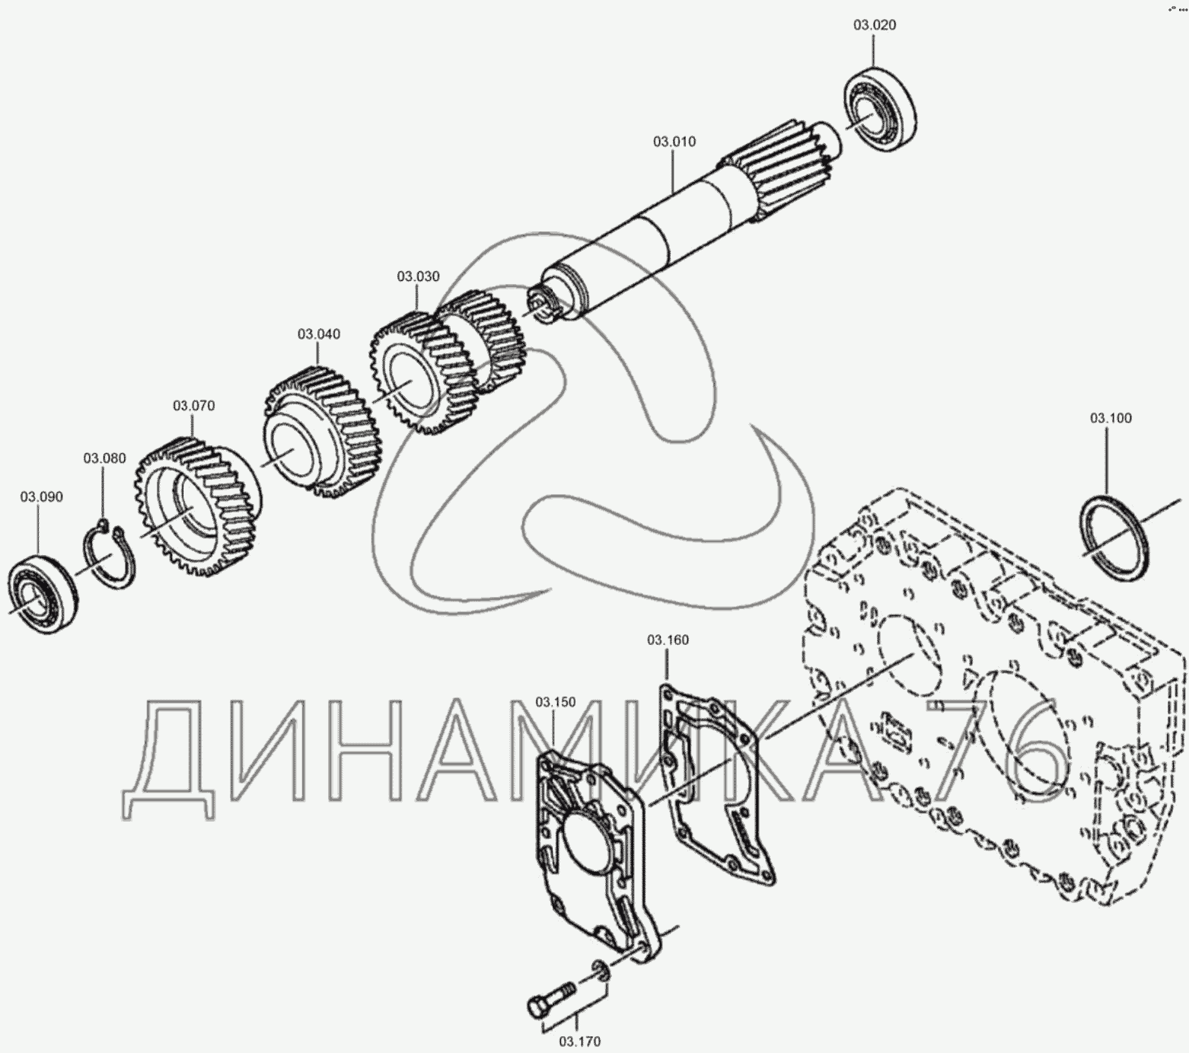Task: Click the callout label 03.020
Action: click(x=874, y=25)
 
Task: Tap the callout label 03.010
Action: click(x=674, y=142)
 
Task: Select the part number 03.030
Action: click(x=418, y=276)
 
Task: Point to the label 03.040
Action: click(x=319, y=334)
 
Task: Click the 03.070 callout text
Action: click(x=193, y=406)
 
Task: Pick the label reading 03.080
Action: click(x=104, y=458)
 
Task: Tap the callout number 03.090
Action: click(x=41, y=497)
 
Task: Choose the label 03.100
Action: click(x=1111, y=418)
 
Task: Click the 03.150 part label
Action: click(x=555, y=701)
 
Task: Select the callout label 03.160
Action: click(x=668, y=640)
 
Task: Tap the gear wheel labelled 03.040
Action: click(x=322, y=431)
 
